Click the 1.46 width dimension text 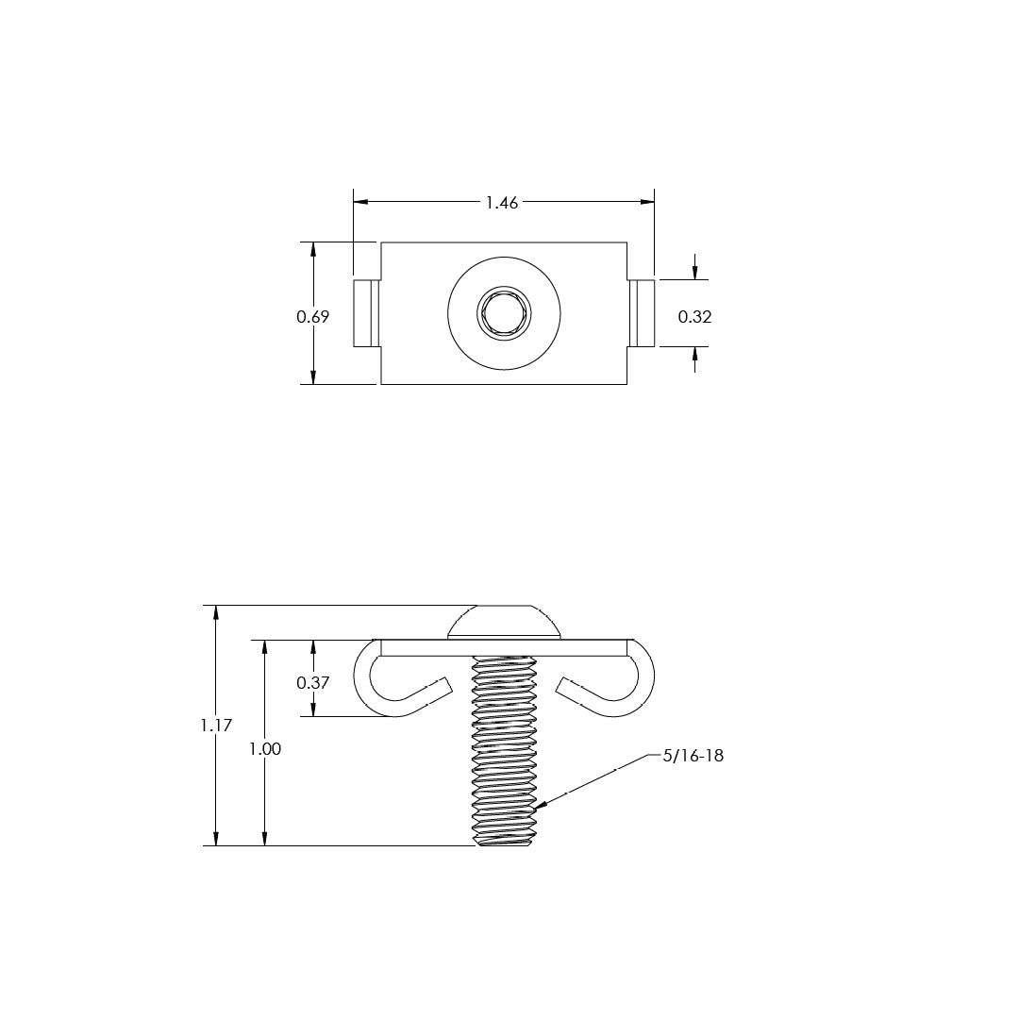pyautogui.click(x=502, y=203)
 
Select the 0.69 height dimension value pyautogui.click(x=313, y=317)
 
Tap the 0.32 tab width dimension pyautogui.click(x=695, y=317)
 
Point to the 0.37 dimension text pyautogui.click(x=313, y=682)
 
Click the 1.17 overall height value pyautogui.click(x=216, y=726)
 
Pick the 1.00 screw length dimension pyautogui.click(x=265, y=748)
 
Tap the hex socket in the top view pyautogui.click(x=504, y=312)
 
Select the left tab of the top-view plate pyautogui.click(x=366, y=312)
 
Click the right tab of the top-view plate pyautogui.click(x=642, y=312)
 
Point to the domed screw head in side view pyautogui.click(x=504, y=622)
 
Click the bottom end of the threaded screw pyautogui.click(x=504, y=842)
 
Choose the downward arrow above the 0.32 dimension pyautogui.click(x=695, y=273)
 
